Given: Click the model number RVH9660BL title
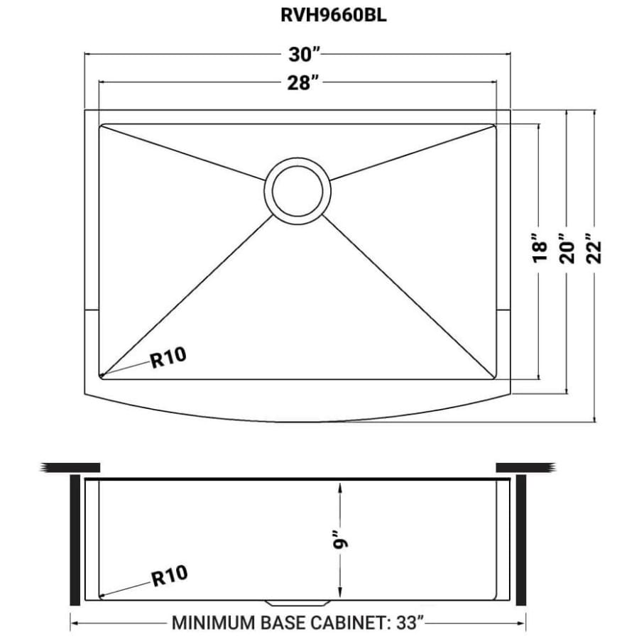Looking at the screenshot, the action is pyautogui.click(x=334, y=16).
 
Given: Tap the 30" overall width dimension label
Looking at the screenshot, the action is pyautogui.click(x=305, y=55).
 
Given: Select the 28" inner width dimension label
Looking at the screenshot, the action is pyautogui.click(x=302, y=83).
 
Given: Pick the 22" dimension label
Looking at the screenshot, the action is pyautogui.click(x=594, y=248).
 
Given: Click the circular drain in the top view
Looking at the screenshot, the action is pyautogui.click(x=297, y=191).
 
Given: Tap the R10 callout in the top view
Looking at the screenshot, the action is pyautogui.click(x=168, y=357).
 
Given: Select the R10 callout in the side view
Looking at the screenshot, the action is pyautogui.click(x=169, y=575).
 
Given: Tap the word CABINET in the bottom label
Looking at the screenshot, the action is pyautogui.click(x=348, y=623).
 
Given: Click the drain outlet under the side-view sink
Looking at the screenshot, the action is pyautogui.click(x=297, y=603).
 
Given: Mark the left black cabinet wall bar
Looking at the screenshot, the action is pyautogui.click(x=75, y=540).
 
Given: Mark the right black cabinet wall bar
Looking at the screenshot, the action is pyautogui.click(x=521, y=540).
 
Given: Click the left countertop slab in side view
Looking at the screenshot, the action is pyautogui.click(x=70, y=467).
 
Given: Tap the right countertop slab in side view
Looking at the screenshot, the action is pyautogui.click(x=525, y=467).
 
